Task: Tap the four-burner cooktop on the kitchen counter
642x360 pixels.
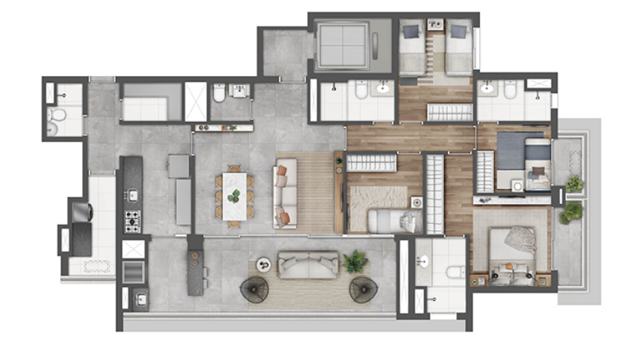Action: pyautogui.click(x=132, y=221)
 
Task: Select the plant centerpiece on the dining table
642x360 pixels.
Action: pyautogui.click(x=234, y=196)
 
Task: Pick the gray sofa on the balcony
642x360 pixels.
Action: pyautogui.click(x=308, y=264)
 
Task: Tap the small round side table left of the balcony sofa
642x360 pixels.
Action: pyautogui.click(x=263, y=264)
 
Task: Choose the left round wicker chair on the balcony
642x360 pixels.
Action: pyautogui.click(x=255, y=288)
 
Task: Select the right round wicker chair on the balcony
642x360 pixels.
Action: pyautogui.click(x=364, y=288)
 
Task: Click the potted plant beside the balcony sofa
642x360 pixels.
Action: pyautogui.click(x=355, y=261)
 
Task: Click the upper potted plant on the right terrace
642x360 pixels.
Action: pyautogui.click(x=574, y=183)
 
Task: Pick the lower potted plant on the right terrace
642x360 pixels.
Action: pyautogui.click(x=572, y=212)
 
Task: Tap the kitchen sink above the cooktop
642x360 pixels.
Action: pyautogui.click(x=132, y=196)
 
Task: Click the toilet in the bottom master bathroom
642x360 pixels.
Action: pyautogui.click(x=455, y=271)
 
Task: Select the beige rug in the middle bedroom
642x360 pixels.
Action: pyautogui.click(x=378, y=198)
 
